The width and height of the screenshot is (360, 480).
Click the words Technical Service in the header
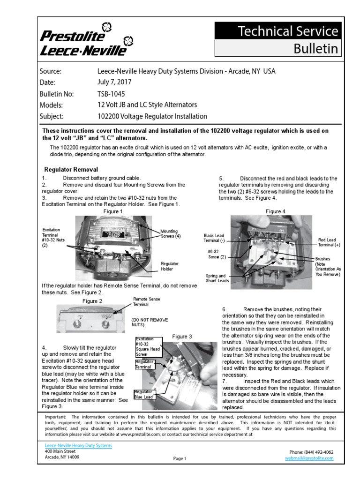pyautogui.click(x=288, y=31)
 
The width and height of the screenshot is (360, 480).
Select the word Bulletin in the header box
pyautogui.click(x=315, y=48)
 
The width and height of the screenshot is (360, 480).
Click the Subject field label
pyautogui.click(x=52, y=116)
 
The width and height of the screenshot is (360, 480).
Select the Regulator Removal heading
pyautogui.click(x=71, y=169)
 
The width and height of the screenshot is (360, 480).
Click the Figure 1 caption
pyautogui.click(x=113, y=211)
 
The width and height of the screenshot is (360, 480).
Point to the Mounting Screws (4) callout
pyautogui.click(x=171, y=233)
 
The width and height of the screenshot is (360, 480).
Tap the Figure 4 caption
pyautogui.click(x=275, y=211)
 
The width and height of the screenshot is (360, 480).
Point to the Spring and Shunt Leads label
pyautogui.click(x=216, y=278)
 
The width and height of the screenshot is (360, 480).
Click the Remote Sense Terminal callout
pyautogui.click(x=146, y=301)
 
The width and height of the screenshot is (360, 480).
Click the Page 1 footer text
pyautogui.click(x=180, y=459)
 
